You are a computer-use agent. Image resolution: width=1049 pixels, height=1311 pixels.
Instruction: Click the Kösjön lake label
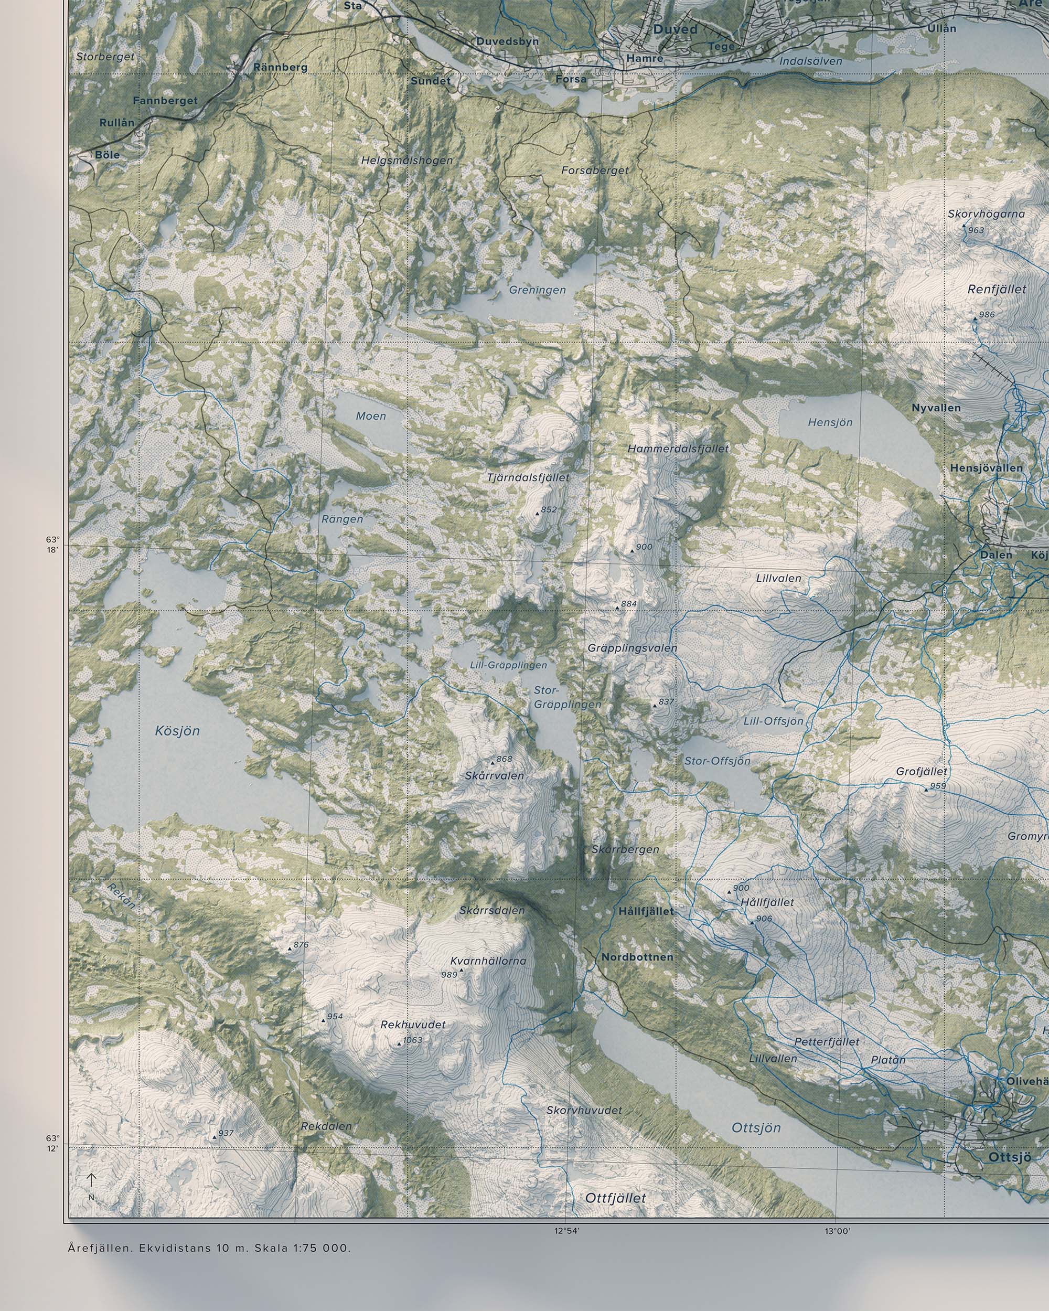177,731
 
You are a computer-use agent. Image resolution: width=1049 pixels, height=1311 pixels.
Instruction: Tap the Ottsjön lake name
756,1128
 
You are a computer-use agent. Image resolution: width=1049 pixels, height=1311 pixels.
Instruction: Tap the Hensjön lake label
830,422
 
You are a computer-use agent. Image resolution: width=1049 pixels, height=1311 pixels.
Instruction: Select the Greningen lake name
537,290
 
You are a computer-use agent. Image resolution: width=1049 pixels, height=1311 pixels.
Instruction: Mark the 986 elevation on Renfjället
987,314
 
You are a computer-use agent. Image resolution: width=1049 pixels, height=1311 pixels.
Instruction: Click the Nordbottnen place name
637,957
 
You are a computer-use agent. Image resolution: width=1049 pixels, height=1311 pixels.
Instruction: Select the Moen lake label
371,416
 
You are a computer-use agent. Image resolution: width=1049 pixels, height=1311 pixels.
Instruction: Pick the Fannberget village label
165,100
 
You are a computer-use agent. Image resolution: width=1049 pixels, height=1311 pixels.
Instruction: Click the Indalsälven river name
811,61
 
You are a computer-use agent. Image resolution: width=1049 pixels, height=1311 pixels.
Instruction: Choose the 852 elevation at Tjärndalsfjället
548,509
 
